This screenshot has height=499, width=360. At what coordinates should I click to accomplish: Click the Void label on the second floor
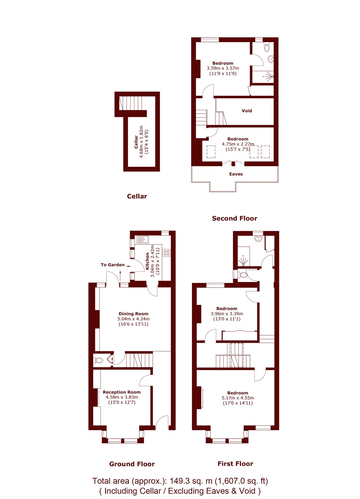[x=247, y=111]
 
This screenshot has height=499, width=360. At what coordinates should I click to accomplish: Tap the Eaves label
[x=236, y=174]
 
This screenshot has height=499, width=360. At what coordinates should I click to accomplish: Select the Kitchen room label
[x=147, y=261]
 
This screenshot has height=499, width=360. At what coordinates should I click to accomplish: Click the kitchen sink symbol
[x=143, y=240]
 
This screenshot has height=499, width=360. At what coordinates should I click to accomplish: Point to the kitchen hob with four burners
[x=166, y=253]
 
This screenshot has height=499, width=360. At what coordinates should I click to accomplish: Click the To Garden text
[x=113, y=265]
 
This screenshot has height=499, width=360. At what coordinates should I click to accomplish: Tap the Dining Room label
[x=133, y=314]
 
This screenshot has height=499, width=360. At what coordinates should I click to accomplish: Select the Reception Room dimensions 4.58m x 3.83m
[x=122, y=397]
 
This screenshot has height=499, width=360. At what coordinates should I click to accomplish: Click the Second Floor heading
[x=234, y=218]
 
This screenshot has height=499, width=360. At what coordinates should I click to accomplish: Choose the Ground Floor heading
[x=132, y=464]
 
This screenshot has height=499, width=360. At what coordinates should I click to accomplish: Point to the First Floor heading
[x=235, y=464]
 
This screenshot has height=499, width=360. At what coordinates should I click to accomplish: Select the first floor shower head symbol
[x=244, y=262]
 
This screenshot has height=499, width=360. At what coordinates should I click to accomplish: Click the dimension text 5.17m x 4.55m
[x=238, y=398]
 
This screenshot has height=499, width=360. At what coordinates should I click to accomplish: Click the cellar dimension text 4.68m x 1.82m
[x=141, y=142]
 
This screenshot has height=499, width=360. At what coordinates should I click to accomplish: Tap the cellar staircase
[x=131, y=103]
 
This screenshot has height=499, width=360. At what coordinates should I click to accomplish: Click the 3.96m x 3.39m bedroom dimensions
[x=227, y=314]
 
